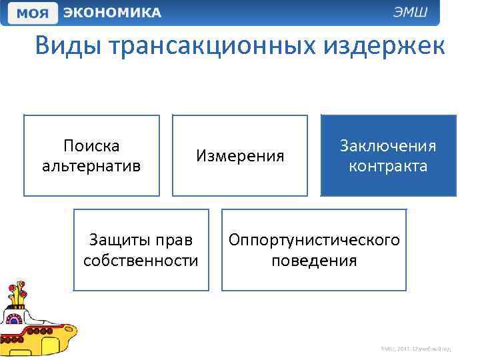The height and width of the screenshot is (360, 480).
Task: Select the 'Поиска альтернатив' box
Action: coord(91,155)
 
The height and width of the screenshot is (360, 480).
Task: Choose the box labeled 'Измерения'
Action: coord(240,155)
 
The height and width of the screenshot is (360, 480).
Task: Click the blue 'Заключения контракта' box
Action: coord(389,155)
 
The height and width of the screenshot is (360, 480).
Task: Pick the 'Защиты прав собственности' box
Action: coord(141,250)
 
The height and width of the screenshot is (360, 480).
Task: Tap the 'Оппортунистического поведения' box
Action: coord(314,250)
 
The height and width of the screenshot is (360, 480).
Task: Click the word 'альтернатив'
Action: coord(91,165)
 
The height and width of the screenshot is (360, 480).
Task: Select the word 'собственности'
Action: coord(141,260)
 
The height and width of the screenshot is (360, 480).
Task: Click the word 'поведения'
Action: coord(314,260)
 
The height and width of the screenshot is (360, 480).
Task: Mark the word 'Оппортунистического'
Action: coord(314,240)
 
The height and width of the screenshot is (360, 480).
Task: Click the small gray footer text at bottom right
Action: coord(416,348)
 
